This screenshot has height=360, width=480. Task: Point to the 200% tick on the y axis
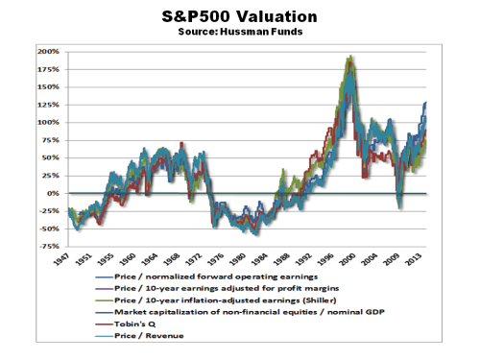pyautogui.click(x=48, y=51)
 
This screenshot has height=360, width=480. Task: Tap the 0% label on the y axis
pyautogui.click(x=54, y=193)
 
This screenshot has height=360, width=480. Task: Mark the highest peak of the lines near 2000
pyautogui.click(x=350, y=57)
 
